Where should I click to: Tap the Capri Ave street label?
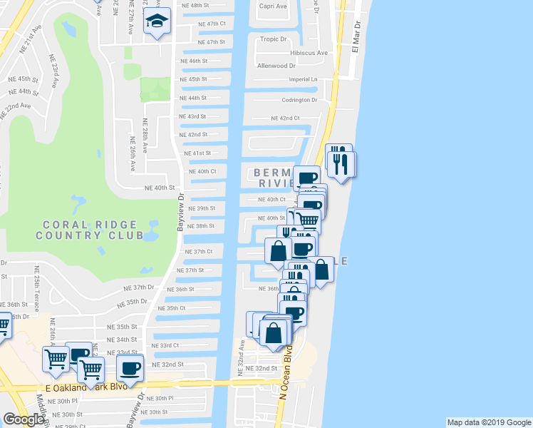click(x=273, y=6)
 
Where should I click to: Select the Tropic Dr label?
click(x=273, y=39)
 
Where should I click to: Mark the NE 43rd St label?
click(x=192, y=116)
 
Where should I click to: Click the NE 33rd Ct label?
click(x=165, y=345)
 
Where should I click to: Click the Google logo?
click(x=23, y=419)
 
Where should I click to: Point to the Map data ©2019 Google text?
click(x=488, y=422)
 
